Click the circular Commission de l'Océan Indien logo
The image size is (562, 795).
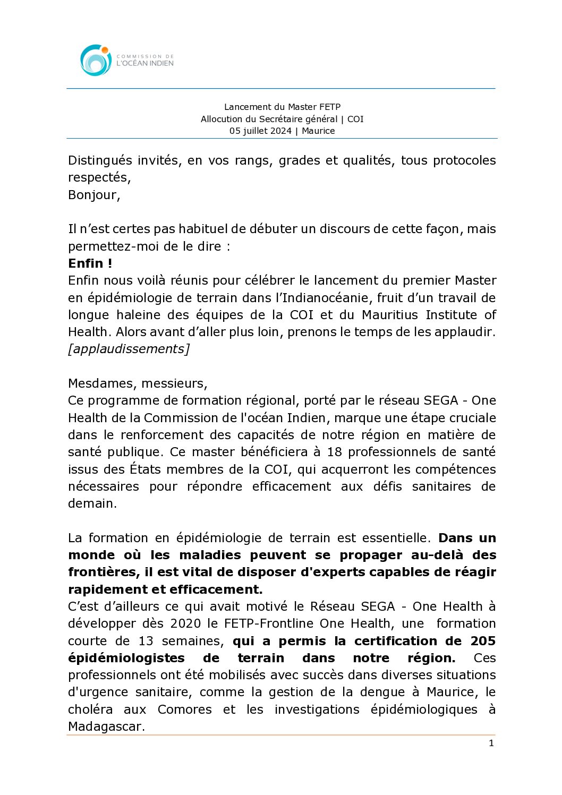coord(96,60)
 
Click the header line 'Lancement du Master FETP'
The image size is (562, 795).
coord(282,107)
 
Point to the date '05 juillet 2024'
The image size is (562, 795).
coord(260,131)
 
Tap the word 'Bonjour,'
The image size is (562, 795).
coord(94,195)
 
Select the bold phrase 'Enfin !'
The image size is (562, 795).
coord(90,263)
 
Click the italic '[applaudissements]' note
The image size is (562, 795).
coord(129,349)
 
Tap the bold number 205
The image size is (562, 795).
coord(483,641)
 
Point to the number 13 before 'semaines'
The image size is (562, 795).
coord(146,641)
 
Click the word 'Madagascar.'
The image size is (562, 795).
coord(106,726)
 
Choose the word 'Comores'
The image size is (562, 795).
coord(184,709)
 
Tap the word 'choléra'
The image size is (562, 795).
coord(90,709)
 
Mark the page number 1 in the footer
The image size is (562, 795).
coord(491,743)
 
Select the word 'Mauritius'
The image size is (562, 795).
coord(389,315)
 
